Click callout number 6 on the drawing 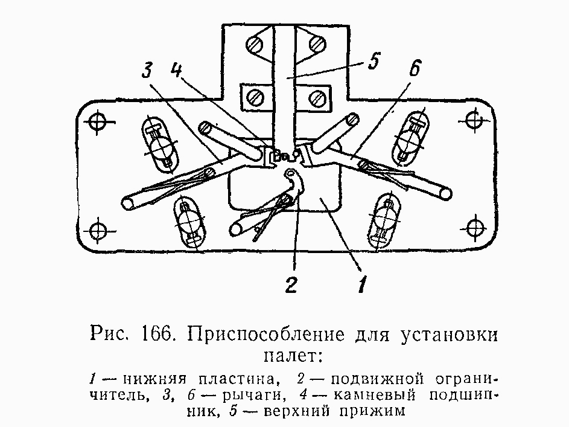415,68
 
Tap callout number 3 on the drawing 147,69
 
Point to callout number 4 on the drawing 177,69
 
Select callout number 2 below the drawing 291,284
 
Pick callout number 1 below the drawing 362,284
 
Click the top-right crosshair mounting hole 474,120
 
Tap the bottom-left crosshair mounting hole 97,230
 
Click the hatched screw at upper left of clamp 255,45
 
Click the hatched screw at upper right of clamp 317,43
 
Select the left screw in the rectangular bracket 255,97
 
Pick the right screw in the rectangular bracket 316,97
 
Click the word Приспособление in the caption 265,335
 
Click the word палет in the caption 289,356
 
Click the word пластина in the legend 239,379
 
